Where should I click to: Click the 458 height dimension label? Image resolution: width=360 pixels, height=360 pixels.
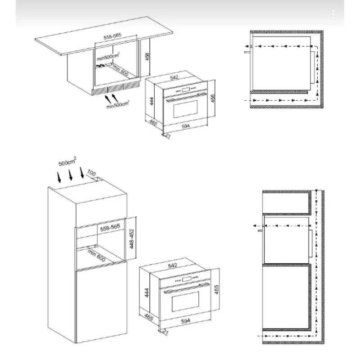148,57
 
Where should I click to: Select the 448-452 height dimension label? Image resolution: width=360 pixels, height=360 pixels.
131,239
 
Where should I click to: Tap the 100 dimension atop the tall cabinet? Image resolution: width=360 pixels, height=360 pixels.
91,173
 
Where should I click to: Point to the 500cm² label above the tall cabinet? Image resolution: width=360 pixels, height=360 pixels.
67,162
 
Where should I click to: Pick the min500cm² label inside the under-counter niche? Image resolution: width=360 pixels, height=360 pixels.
108,57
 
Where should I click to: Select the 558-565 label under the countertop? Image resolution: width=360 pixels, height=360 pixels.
112,36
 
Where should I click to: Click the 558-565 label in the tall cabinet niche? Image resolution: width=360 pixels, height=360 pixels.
110,228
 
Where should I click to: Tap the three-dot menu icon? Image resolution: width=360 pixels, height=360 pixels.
333,14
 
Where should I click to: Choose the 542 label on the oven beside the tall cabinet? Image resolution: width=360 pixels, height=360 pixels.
173,265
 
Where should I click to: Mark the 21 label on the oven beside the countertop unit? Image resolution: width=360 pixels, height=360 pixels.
168,136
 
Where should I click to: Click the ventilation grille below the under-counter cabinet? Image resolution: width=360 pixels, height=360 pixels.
116,88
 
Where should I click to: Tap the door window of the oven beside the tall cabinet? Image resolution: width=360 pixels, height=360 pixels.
185,301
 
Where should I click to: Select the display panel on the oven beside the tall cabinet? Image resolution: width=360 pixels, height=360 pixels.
186,279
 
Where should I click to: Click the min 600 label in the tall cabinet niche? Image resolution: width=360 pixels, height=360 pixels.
96,255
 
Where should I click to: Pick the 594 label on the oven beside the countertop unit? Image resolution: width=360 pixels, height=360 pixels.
186,126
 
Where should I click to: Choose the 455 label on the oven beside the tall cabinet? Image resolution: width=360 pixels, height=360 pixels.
216,289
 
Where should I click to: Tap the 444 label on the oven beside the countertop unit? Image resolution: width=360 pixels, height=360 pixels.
152,101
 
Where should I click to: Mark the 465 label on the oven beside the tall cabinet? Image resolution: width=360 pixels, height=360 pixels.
149,317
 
